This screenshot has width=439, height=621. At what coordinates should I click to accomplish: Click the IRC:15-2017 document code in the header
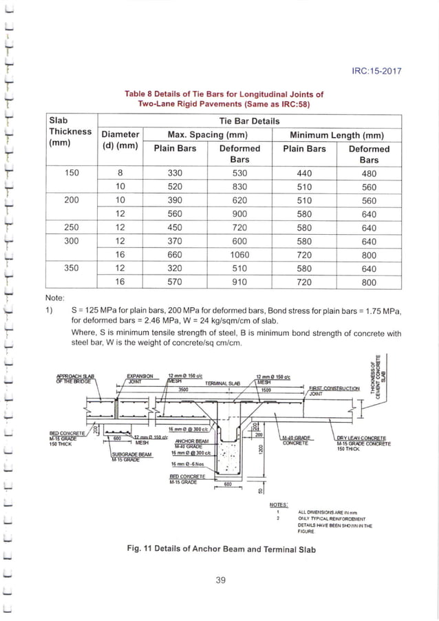(x=376, y=71)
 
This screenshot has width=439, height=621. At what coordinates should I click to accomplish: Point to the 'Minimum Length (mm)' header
(x=336, y=134)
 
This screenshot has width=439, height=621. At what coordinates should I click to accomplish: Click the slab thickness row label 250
(x=72, y=227)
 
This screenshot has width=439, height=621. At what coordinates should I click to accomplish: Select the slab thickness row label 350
(x=72, y=268)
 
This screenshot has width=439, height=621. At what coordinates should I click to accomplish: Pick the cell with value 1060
(x=239, y=254)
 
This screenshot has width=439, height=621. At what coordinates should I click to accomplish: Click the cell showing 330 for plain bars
(x=173, y=173)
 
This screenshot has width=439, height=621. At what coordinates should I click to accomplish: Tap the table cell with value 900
(x=239, y=214)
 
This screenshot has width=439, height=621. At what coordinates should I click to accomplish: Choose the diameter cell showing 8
(x=120, y=173)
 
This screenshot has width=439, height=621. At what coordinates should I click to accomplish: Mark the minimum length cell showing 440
(x=305, y=173)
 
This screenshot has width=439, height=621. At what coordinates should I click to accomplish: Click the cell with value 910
(x=239, y=282)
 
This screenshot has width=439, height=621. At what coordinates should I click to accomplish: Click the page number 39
(x=220, y=580)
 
